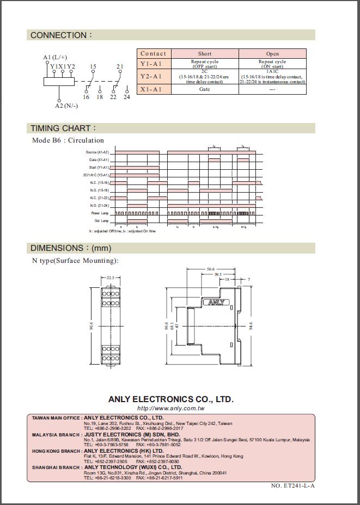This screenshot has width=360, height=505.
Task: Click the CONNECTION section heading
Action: tap(61, 35)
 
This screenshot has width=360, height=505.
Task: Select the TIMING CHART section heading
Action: tap(63, 128)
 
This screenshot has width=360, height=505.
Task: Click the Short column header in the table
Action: tap(205, 54)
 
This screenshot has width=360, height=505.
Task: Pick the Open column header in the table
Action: tap(272, 54)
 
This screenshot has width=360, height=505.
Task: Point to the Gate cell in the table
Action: tap(205, 89)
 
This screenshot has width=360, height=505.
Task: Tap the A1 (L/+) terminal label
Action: tap(55, 57)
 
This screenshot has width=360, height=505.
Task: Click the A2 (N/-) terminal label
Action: tap(66, 106)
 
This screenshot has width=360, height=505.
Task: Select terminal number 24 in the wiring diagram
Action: tap(127, 97)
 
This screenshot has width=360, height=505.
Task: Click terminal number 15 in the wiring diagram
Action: tap(93, 66)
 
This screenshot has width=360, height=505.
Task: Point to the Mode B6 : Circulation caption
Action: tap(68, 140)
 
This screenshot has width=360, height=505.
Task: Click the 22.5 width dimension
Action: tap(111, 278)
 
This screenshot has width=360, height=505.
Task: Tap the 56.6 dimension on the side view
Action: tap(211, 269)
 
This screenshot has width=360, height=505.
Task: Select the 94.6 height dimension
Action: tap(251, 327)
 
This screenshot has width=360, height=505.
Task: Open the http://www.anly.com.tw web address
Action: tap(171, 408)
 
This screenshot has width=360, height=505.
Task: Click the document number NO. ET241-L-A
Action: tap(293, 485)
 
